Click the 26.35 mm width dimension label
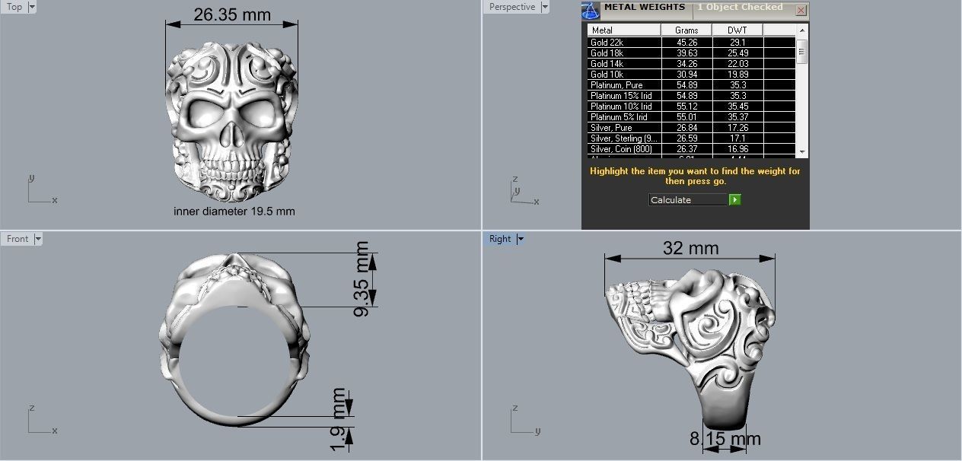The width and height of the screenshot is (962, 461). pos(232,14)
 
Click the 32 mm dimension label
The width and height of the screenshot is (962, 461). pos(690,249)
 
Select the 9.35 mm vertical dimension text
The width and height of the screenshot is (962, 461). pos(362,279)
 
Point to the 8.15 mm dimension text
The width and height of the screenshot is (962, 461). pos(725,439)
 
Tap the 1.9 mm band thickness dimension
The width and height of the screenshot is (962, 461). pos(339,418)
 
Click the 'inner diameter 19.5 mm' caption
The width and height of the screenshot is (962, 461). pos(234,211)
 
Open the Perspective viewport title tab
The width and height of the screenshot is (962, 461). pos(512,7)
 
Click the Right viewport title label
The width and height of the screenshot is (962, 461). pos(500,239)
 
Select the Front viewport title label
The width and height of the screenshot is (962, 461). pos(18,239)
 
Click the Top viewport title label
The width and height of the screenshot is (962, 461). pos(14,7)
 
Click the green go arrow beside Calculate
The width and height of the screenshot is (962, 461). pos(734,199)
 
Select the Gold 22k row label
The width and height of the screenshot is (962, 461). pos(607,43)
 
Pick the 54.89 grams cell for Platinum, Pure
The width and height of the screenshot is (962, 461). pos(686,85)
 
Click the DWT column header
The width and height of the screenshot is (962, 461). pos(737,30)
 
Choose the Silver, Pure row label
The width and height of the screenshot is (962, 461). pos(611,128)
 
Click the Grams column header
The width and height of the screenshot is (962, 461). pos(686,30)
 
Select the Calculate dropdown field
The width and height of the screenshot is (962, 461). pos(688,199)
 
